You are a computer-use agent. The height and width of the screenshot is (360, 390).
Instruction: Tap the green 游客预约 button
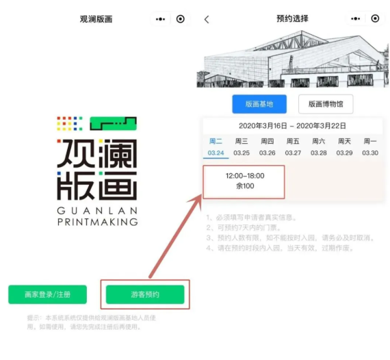click(x=145, y=294)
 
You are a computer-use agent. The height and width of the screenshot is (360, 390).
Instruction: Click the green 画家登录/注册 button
click(x=47, y=294)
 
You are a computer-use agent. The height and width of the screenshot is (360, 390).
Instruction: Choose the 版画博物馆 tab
click(x=326, y=104)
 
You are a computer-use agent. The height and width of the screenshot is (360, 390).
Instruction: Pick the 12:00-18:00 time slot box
click(x=244, y=181)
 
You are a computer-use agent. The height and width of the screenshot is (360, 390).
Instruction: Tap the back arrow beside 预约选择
click(x=207, y=19)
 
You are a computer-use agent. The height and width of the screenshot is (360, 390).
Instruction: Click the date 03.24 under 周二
click(x=216, y=153)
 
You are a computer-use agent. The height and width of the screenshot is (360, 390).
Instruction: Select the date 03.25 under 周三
click(x=242, y=153)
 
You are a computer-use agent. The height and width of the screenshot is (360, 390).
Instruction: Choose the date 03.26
click(x=268, y=153)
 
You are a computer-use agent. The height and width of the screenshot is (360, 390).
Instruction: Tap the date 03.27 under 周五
click(x=293, y=153)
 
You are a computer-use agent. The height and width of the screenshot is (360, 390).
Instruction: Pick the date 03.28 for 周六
click(x=319, y=153)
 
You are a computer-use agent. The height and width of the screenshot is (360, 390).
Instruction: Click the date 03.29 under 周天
click(x=344, y=153)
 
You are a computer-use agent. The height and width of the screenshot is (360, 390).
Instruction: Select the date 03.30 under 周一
click(x=370, y=153)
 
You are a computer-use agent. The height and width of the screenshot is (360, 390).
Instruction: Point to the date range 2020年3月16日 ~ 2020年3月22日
click(x=292, y=126)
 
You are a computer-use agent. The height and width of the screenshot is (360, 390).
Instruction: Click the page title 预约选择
click(x=292, y=19)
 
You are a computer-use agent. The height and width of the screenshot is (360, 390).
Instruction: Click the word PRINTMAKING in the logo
click(x=96, y=221)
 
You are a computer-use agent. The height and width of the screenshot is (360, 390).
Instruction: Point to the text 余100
click(x=244, y=186)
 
